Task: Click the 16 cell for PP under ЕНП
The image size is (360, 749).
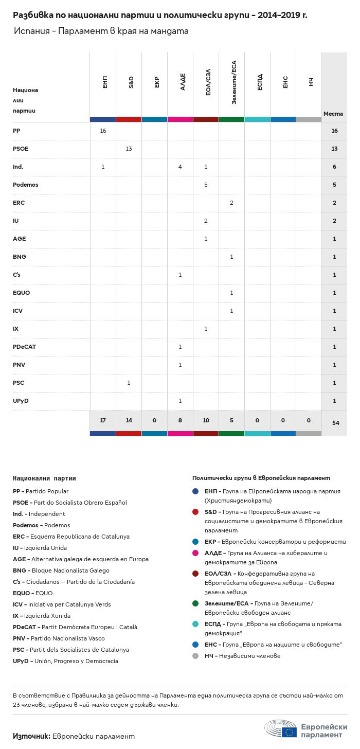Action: [103, 131]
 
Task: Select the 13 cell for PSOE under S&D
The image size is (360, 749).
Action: [129, 149]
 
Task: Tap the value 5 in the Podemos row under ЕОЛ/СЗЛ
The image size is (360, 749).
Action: [206, 185]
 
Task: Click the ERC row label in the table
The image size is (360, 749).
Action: [19, 203]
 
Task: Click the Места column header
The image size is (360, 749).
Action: [333, 114]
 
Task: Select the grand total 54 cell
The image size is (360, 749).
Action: [335, 423]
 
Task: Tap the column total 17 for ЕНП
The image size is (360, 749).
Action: [103, 420]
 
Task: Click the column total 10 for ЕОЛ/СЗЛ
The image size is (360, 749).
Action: [206, 420]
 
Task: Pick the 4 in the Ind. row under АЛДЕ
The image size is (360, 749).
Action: [180, 167]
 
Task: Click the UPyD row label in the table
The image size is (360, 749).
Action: [21, 401]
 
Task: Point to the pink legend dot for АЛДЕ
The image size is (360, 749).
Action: [195, 553]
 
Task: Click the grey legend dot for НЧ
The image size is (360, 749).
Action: [195, 656]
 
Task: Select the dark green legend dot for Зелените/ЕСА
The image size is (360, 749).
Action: [195, 603]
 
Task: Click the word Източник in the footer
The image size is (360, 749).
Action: [31, 736]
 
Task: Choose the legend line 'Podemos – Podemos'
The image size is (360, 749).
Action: [42, 525]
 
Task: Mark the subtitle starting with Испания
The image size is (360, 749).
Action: [101, 31]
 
